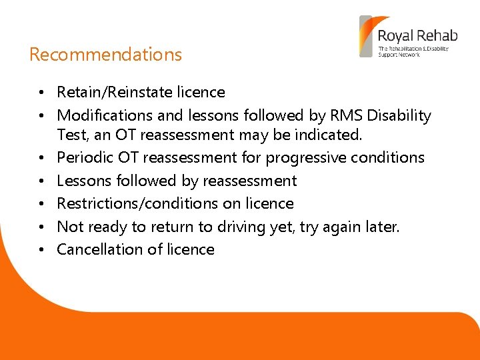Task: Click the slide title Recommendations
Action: (x=105, y=55)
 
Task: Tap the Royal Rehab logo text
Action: (x=413, y=35)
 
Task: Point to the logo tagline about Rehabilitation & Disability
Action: (x=413, y=51)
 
